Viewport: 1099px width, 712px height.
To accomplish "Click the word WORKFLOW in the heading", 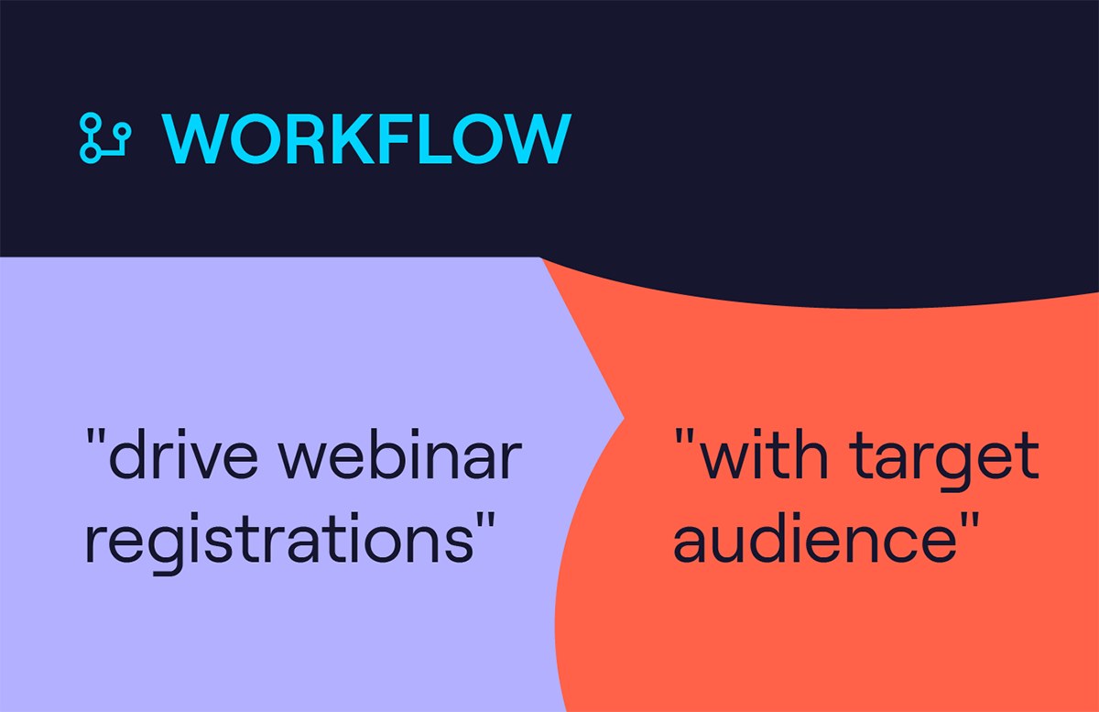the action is [366, 138].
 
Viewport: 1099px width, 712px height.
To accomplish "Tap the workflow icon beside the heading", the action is [105, 138].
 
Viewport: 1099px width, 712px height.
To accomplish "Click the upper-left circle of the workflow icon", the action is [91, 124].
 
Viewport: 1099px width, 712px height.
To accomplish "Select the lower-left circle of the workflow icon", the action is [91, 153].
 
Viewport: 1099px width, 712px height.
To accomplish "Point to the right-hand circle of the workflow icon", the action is [122, 132].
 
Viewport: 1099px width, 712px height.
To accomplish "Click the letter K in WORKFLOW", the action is [353, 138].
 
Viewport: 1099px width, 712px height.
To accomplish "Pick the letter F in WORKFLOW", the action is [395, 138].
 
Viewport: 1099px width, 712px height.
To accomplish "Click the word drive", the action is [183, 454].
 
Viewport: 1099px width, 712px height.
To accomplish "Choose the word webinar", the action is [400, 454].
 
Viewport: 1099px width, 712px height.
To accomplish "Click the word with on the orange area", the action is [764, 454].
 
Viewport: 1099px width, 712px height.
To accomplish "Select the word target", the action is [944, 460].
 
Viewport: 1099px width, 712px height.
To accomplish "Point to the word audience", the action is [815, 537].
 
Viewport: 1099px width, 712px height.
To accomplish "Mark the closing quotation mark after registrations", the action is [485, 520].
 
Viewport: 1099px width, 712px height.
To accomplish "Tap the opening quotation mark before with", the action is [684, 436].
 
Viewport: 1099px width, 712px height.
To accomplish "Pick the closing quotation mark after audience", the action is [970, 520].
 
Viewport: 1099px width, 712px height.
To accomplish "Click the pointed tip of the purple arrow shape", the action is [624, 419].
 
